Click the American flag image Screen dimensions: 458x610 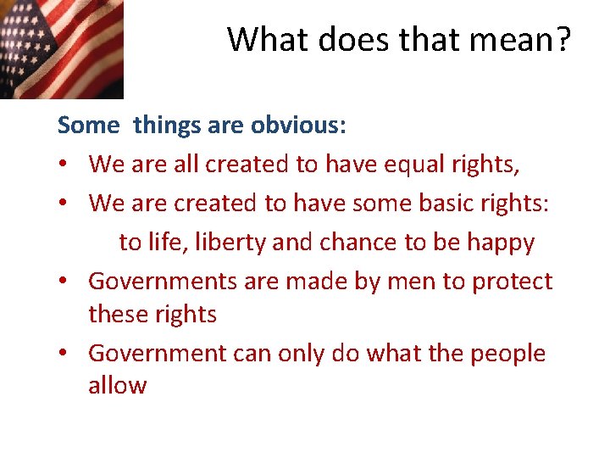point(61,48)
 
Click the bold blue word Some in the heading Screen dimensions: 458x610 point(89,126)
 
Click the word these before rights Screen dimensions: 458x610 point(119,315)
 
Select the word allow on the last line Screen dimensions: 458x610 point(118,386)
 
